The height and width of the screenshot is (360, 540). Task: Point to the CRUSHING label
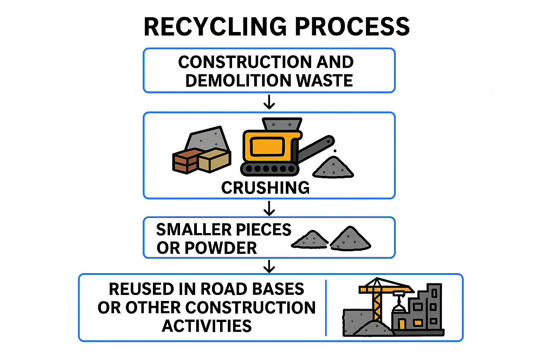click(265, 188)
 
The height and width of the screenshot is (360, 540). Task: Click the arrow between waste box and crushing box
click(269, 102)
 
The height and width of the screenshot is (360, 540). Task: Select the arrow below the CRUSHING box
click(269, 208)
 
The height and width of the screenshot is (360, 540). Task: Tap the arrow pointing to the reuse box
click(269, 266)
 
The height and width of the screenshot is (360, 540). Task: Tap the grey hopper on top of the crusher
click(282, 124)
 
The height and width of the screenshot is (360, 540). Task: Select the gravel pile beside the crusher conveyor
click(333, 167)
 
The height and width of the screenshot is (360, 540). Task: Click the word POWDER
click(221, 248)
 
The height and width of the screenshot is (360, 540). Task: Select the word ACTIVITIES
click(207, 326)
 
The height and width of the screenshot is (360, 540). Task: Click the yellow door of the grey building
click(401, 323)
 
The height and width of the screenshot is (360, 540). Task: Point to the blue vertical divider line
click(326, 308)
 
